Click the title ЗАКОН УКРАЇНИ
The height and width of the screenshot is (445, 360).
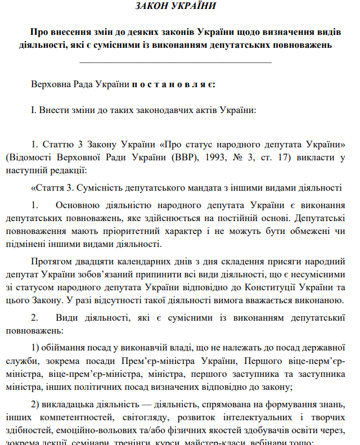pyautogui.click(x=176, y=7)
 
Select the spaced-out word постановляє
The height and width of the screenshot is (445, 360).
pyautogui.click(x=173, y=84)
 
